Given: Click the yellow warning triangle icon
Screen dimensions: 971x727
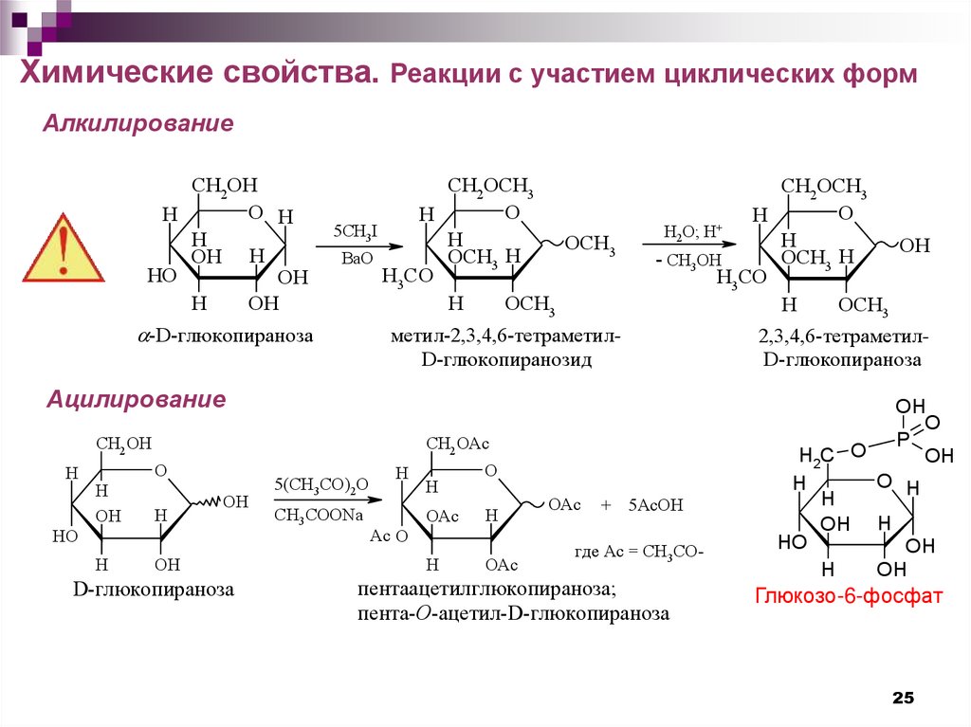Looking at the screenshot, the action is point(63,249).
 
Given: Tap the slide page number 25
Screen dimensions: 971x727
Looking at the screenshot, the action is point(903,698).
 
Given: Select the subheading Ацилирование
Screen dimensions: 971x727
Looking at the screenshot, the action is point(137,399).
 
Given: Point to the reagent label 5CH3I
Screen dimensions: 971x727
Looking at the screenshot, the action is point(354,232).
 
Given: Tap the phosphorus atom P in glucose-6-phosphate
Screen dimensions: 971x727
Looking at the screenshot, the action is point(904,439).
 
